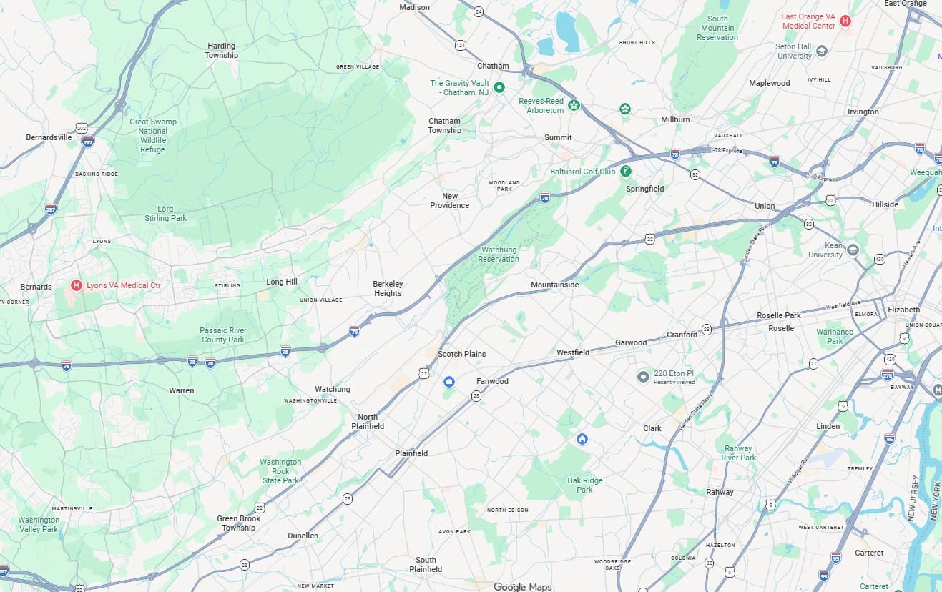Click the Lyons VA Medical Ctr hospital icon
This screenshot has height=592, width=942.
pos(77,285)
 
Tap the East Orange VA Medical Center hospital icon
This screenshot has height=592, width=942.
pos(845,21)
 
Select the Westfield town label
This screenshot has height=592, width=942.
pos(573,352)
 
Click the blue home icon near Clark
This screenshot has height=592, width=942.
pos(582,438)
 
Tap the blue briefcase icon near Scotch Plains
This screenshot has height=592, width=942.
pos(449,382)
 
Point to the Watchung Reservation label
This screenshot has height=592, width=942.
pos(499,255)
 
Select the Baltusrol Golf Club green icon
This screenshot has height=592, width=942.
pos(626,171)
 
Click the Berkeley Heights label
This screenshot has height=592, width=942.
pos(388,288)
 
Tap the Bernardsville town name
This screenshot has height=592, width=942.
pos(49,137)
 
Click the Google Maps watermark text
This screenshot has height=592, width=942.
pos(522,586)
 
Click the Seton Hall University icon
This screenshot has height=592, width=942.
pos(822,51)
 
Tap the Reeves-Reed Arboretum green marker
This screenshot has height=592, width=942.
pos(574,106)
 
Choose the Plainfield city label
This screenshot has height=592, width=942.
pos(411,453)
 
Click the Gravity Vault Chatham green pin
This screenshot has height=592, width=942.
pos(500,87)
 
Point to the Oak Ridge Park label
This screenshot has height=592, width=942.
pos(584,485)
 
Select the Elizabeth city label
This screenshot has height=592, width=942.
pos(903,310)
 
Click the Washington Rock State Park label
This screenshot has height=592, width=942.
pos(280,471)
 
